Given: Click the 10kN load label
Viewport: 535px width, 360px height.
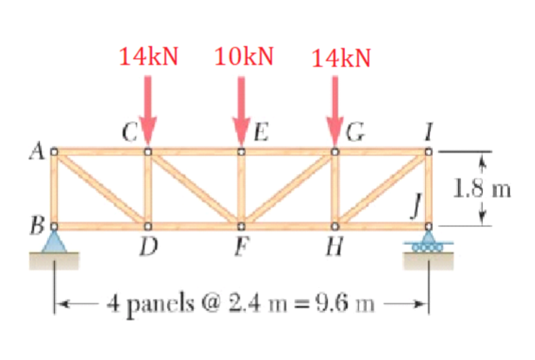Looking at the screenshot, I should (244, 57).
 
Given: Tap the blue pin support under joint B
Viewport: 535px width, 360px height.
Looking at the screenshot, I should (54, 242).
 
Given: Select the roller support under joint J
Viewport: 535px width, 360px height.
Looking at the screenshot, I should (429, 242).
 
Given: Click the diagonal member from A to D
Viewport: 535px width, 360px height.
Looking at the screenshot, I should (101, 189).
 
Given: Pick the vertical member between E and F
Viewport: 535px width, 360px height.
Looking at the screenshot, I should (242, 188).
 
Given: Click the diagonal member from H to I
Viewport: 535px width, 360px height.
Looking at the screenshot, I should (382, 189).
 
